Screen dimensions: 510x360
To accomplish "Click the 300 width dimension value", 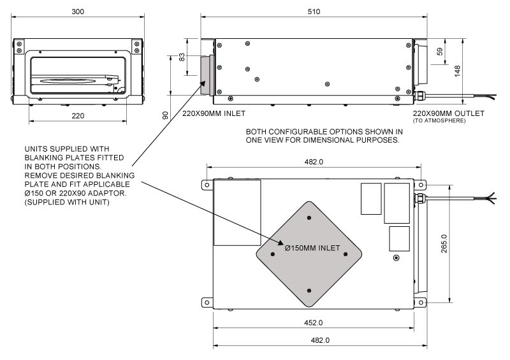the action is coord(78,11).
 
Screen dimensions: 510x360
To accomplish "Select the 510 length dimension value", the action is coord(314,11).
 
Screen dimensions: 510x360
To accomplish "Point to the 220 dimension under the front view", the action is coord(78,116).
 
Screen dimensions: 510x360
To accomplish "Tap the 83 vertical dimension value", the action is coord(182,57).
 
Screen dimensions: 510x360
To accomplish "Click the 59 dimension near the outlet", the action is coord(440,52).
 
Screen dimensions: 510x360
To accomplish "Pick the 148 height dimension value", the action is coord(457,71).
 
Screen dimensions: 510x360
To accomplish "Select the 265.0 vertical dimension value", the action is coord(444,243).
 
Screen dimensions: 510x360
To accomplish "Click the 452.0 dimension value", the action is coord(313,322).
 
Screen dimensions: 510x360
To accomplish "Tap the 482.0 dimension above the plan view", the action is coord(314,162).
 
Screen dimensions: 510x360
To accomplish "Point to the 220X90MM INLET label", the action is coord(214,113).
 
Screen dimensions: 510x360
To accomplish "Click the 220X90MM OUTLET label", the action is coord(449,113).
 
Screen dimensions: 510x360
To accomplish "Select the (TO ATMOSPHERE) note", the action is coord(439,121).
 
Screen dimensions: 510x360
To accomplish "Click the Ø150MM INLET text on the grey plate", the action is coord(312,248).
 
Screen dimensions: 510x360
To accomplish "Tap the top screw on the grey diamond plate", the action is coord(309,217).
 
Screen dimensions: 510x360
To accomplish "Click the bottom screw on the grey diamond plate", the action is coord(309,291).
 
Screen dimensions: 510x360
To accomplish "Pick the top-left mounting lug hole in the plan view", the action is coord(207,185).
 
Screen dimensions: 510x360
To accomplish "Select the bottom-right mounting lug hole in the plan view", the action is coord(421,303).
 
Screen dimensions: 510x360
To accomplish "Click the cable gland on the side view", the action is coord(418,96).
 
